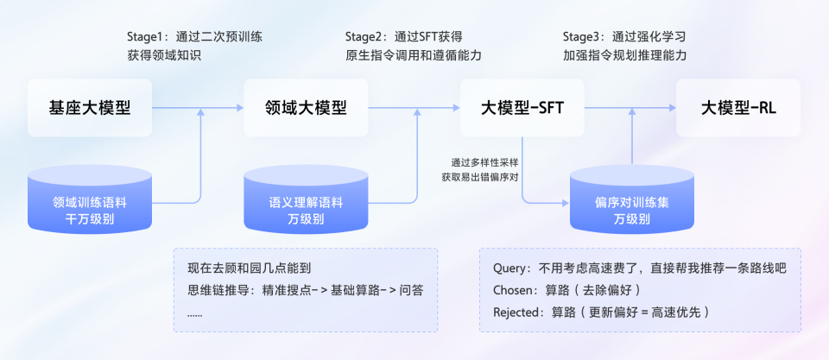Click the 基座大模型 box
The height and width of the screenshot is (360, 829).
(x=90, y=108)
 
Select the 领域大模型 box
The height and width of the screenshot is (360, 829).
(x=306, y=108)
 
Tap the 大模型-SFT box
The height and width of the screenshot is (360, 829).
(x=522, y=108)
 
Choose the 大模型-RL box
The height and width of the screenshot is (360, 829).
(x=738, y=108)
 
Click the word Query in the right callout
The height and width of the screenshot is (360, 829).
(x=511, y=268)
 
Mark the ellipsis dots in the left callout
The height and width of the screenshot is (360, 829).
(x=195, y=312)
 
